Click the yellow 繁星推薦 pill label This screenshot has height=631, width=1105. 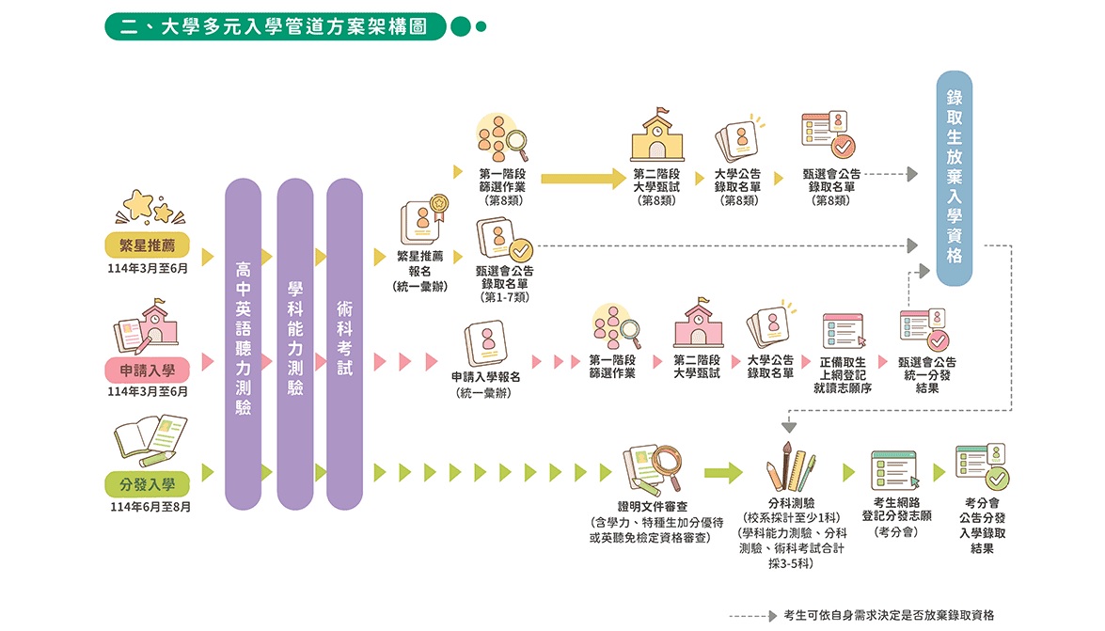point(148,245)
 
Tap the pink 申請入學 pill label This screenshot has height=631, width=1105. point(148,370)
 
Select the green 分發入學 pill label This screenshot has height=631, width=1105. point(148,484)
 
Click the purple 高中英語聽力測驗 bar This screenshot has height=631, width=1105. point(244,344)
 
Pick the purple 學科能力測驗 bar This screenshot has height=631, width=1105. point(294,344)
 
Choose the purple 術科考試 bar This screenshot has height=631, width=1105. point(344,344)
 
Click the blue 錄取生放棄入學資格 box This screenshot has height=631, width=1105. point(955,178)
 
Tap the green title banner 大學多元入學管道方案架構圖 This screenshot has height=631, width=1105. point(276,26)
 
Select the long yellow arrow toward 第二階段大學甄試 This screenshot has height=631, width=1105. point(583,179)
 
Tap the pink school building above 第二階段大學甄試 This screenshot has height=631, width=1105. point(699,323)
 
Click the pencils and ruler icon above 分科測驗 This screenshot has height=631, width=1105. point(791,466)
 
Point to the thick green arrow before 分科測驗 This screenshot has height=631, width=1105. point(723,472)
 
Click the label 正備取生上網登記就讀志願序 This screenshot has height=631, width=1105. point(842,375)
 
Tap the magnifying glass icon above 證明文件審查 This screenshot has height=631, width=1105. point(667,466)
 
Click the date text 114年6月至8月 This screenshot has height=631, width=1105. point(150,507)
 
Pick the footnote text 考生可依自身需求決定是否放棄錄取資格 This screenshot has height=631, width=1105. point(889,616)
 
